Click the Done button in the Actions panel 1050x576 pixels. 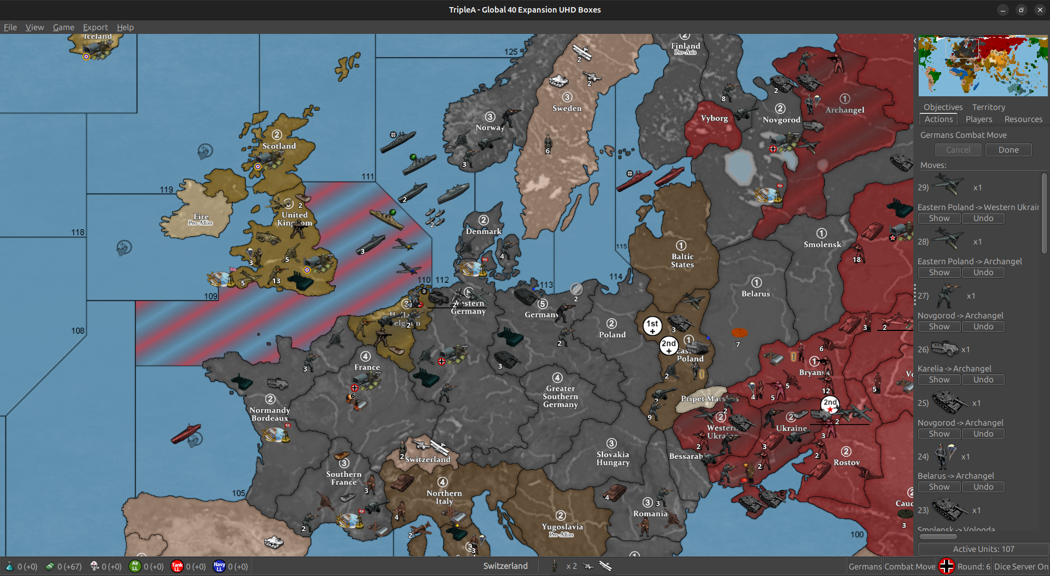pos(1008,150)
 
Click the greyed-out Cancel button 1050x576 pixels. pos(958,150)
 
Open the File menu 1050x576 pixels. pos(10,27)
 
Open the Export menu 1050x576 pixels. pos(95,27)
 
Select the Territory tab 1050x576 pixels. pos(988,107)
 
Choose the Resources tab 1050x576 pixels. pos(1023,119)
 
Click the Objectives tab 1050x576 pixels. pos(943,107)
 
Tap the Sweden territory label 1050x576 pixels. pos(567,108)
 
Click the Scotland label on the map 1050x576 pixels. pos(279,146)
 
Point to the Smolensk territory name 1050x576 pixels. pos(822,245)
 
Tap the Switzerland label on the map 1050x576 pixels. pos(428,459)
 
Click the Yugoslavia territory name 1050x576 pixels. pos(562,527)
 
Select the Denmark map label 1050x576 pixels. pos(483,231)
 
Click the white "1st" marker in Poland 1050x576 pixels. pos(652,325)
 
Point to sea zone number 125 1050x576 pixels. pos(511,52)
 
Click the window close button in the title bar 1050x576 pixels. pos(1040,10)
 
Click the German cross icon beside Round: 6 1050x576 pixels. pos(946,566)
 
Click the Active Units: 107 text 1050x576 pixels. pos(983,549)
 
